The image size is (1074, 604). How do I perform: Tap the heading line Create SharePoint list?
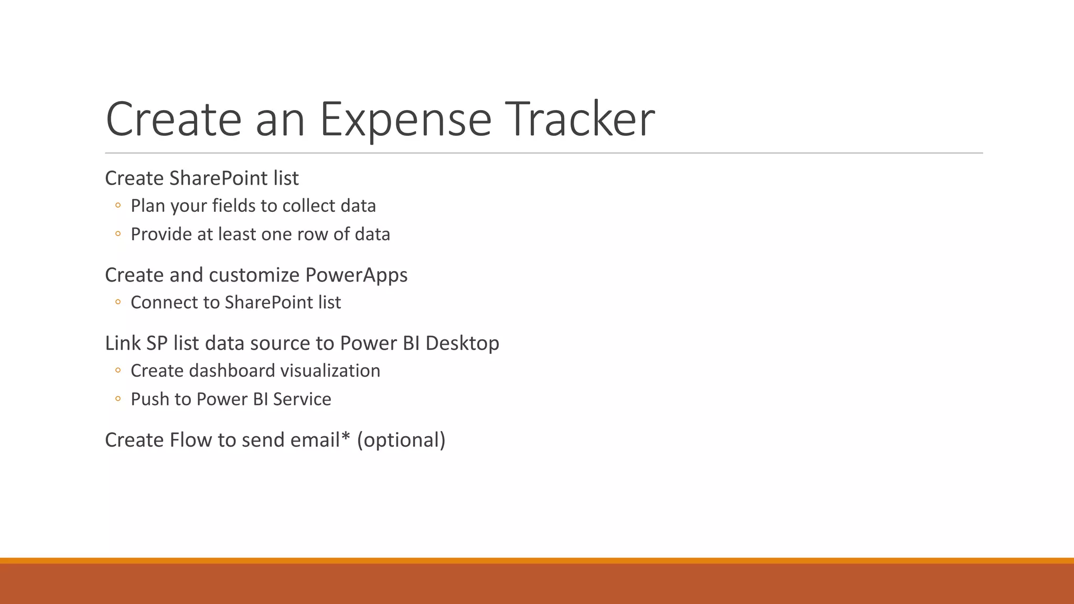(x=201, y=178)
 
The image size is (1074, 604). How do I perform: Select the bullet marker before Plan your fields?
(x=118, y=206)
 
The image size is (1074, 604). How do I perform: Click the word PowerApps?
(x=356, y=275)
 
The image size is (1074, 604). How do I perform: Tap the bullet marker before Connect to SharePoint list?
(x=118, y=302)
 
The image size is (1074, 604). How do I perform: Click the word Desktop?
(x=462, y=343)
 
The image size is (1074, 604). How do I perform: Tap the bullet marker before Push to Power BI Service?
(x=118, y=399)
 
